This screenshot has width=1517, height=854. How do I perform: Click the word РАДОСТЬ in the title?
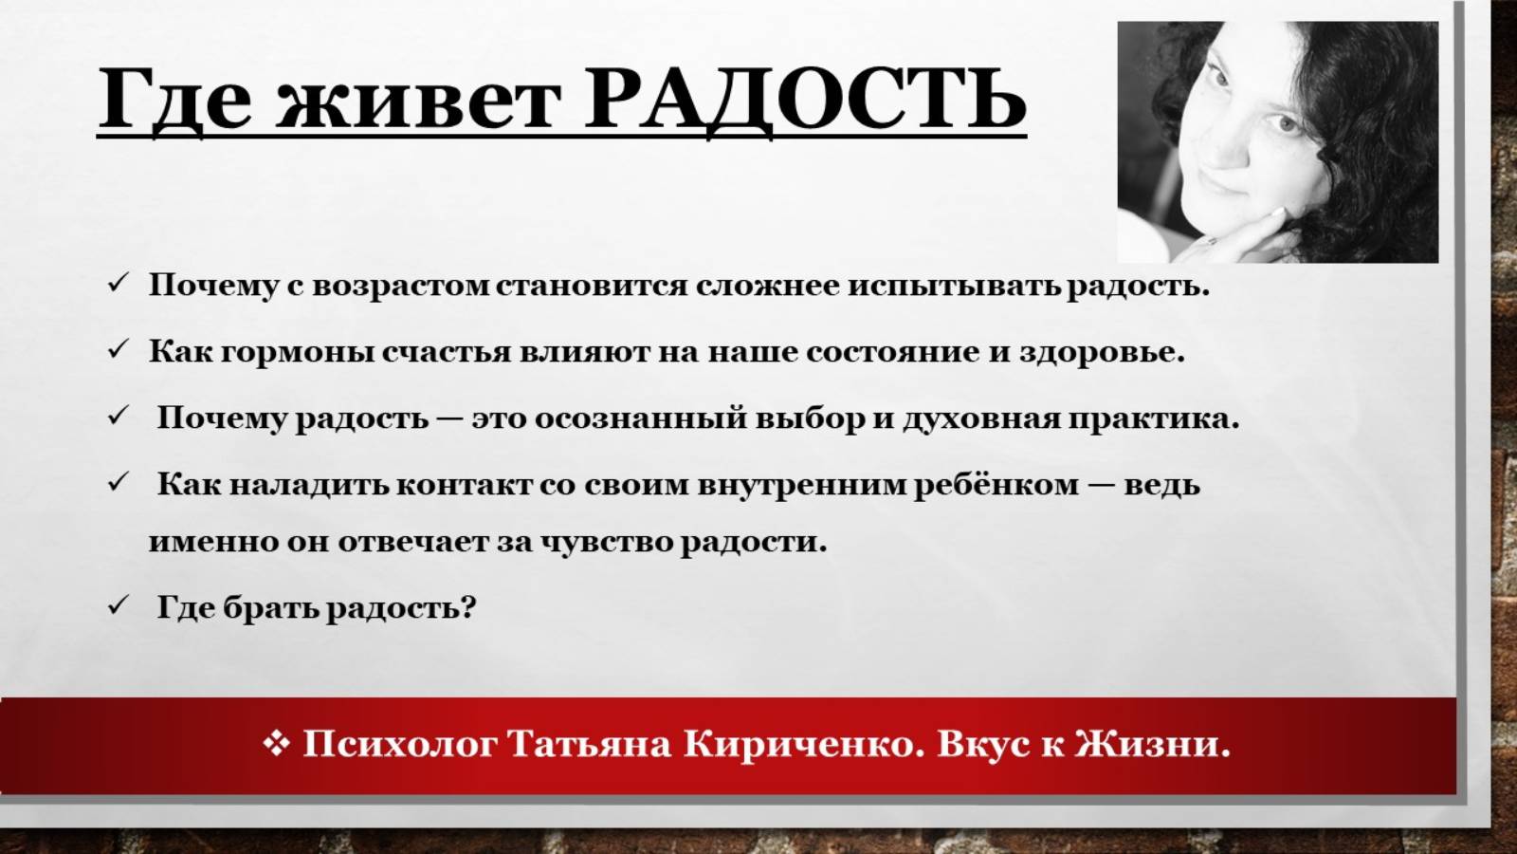pyautogui.click(x=804, y=99)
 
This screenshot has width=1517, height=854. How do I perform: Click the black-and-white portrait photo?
pyautogui.click(x=1277, y=142)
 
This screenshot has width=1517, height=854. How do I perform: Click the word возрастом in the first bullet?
pyautogui.click(x=401, y=286)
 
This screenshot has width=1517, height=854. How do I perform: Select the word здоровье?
pyautogui.click(x=1102, y=353)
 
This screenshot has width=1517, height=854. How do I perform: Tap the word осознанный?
pyautogui.click(x=641, y=418)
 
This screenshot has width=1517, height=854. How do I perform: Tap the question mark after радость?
pyautogui.click(x=466, y=606)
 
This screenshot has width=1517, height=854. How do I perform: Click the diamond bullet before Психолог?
pyautogui.click(x=275, y=743)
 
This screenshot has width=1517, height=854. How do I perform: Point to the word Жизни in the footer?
pyautogui.click(x=1151, y=744)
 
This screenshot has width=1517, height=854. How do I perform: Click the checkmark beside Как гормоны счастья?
pyautogui.click(x=118, y=349)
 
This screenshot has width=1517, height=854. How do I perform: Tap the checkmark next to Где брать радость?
pyautogui.click(x=118, y=604)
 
